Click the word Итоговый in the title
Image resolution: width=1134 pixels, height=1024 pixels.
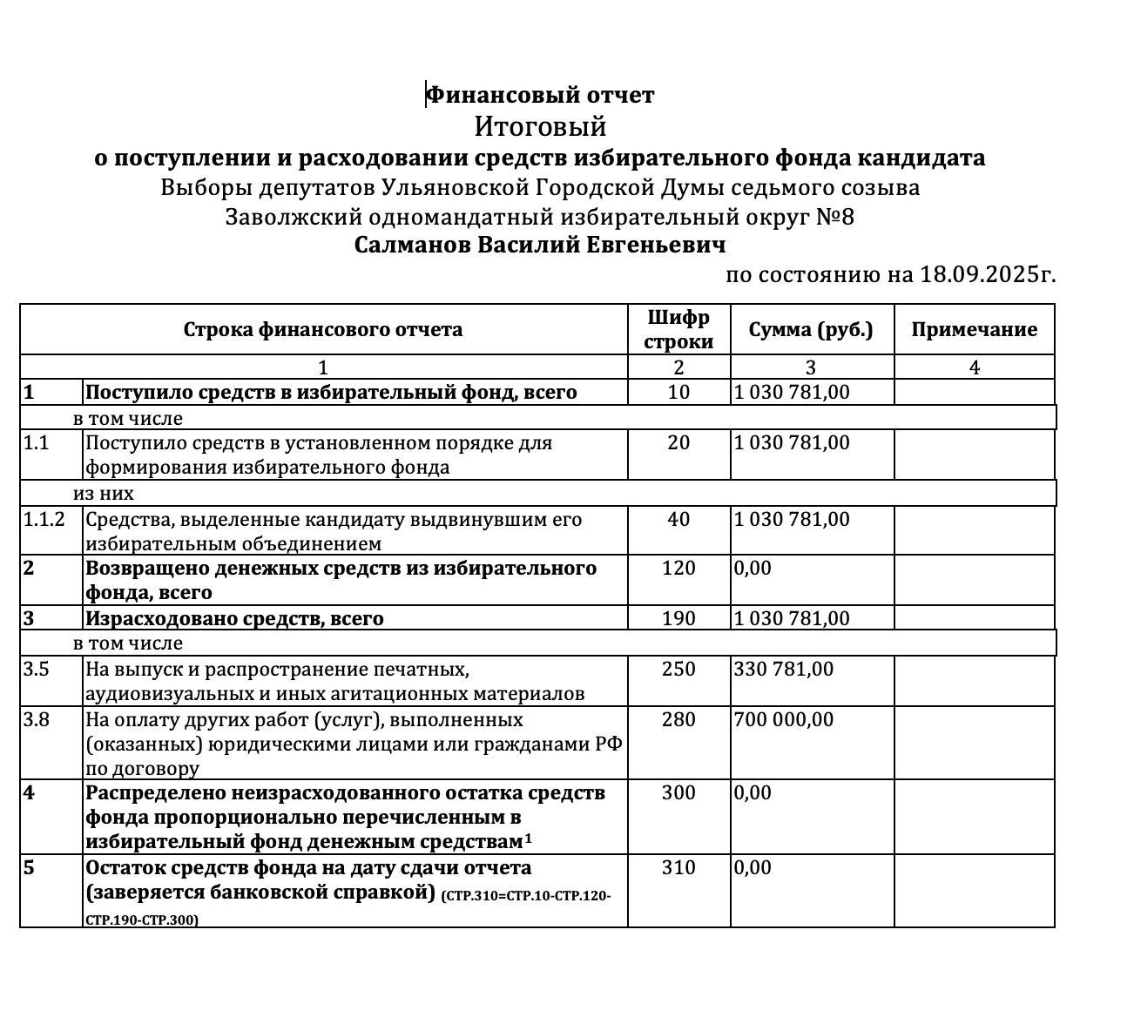[x=540, y=127]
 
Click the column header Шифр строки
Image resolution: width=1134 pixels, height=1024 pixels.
[x=678, y=329]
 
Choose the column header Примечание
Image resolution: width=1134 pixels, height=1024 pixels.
[x=974, y=329]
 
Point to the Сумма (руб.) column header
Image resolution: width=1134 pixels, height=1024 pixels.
[x=811, y=329]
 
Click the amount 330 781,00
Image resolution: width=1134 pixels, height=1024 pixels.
[x=784, y=670]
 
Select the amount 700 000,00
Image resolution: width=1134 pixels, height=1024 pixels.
[x=784, y=720]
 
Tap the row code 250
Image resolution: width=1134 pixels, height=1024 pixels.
[x=678, y=670]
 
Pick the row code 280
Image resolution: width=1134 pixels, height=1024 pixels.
[x=678, y=720]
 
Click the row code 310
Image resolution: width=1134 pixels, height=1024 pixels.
[x=678, y=868]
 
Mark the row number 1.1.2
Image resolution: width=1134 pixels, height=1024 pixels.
[x=44, y=520]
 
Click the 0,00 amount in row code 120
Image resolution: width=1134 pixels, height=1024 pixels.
[x=753, y=569]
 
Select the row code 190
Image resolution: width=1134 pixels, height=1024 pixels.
[x=678, y=619]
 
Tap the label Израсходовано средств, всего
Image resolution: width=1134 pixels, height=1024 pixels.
[x=234, y=619]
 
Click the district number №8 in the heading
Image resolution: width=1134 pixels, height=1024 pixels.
[x=835, y=217]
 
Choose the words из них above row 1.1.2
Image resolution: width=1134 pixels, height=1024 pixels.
[x=104, y=494]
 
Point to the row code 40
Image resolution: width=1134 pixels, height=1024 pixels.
[x=678, y=520]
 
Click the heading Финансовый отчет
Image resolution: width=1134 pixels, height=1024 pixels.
[x=541, y=95]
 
